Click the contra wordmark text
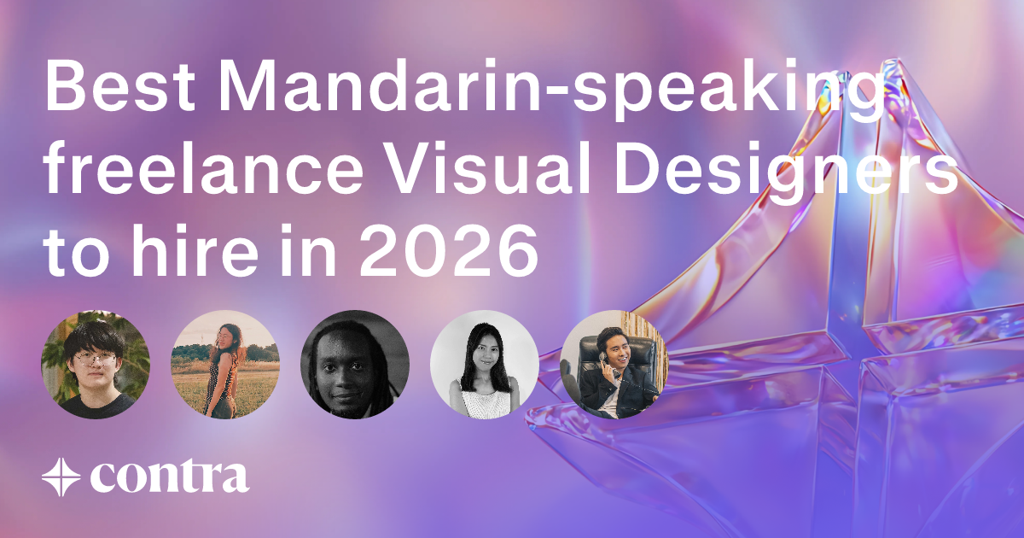point(170,476)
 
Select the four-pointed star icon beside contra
point(61,476)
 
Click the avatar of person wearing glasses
point(96,365)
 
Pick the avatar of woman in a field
point(225,365)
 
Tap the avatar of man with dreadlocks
point(355,365)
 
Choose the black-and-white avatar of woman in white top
point(485,365)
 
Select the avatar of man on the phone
point(614,365)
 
